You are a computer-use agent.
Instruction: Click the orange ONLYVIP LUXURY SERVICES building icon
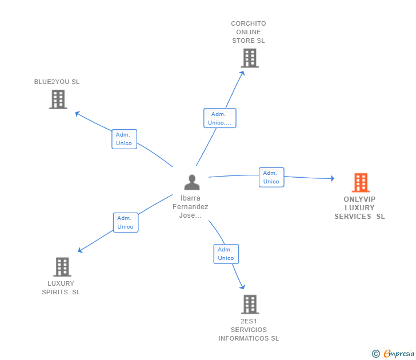361,182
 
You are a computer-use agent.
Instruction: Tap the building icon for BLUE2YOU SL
58,99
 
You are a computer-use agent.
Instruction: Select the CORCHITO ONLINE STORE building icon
249,58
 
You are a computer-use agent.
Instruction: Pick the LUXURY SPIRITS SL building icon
62,267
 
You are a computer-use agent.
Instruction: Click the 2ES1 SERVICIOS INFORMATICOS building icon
249,304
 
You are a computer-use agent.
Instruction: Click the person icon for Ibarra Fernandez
192,182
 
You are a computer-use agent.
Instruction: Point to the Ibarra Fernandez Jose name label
191,207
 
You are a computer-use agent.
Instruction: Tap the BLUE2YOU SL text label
57,82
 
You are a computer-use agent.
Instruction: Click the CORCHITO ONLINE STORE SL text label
249,32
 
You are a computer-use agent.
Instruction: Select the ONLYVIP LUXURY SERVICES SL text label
359,208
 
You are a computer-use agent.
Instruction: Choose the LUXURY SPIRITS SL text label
61,287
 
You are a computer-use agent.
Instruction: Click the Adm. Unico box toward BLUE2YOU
124,139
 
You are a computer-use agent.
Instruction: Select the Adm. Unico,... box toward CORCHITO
220,118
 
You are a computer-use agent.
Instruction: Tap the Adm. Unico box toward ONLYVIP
271,177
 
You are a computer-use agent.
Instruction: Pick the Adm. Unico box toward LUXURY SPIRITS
125,222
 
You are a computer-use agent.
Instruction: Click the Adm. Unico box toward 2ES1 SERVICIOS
226,254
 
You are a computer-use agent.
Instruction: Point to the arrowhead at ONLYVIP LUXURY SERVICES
332,179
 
